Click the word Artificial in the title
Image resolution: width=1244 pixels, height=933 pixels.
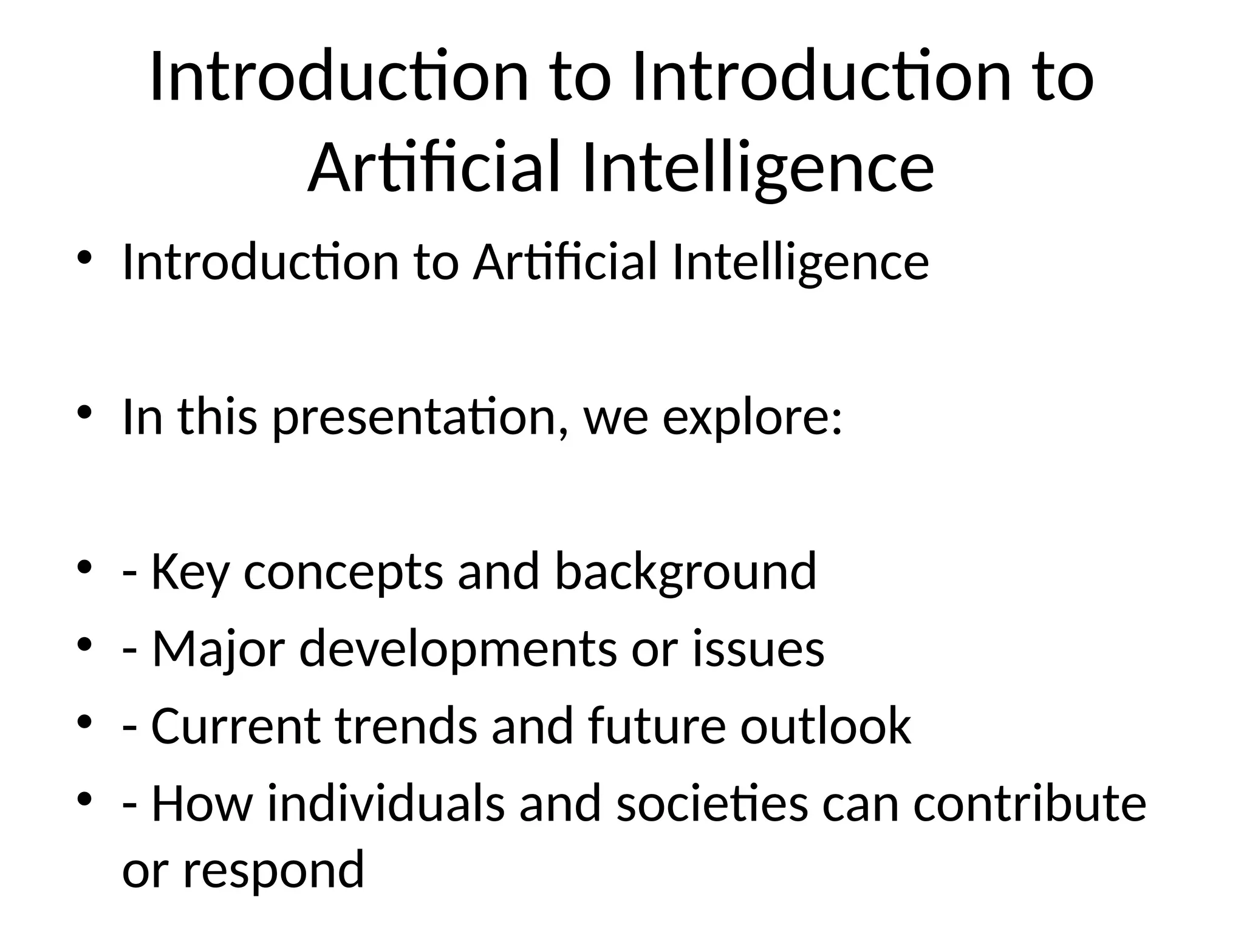point(433,167)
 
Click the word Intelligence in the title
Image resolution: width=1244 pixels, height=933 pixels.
point(758,167)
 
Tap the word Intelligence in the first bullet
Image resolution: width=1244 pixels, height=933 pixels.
point(801,262)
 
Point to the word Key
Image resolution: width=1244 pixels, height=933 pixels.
point(190,572)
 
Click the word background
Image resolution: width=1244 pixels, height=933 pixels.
point(686,572)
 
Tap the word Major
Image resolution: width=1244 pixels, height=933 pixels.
point(217,649)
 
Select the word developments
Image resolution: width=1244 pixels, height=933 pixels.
point(458,649)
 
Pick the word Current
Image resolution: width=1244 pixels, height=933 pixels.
point(236,726)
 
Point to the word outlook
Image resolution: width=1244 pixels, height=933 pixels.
point(825,726)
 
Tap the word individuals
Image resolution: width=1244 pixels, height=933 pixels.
point(386,804)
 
